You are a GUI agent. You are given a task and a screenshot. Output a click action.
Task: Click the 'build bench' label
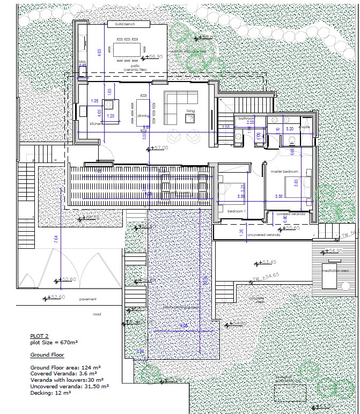[x=124, y=24]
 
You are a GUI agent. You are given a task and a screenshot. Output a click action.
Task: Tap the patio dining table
[x=127, y=49]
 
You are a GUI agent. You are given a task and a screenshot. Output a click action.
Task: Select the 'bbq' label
[x=82, y=62]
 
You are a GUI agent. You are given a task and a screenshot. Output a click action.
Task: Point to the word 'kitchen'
[x=96, y=123]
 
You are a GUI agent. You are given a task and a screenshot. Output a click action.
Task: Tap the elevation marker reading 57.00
[x=160, y=147]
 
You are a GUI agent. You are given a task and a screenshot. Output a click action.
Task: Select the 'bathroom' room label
[x=246, y=117]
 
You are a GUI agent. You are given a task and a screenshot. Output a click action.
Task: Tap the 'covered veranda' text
[x=290, y=213]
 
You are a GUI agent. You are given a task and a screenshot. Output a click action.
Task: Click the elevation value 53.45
[x=269, y=262]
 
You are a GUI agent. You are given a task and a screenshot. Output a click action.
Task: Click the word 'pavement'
[x=87, y=299]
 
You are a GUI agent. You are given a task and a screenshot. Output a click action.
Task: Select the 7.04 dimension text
[x=56, y=240]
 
